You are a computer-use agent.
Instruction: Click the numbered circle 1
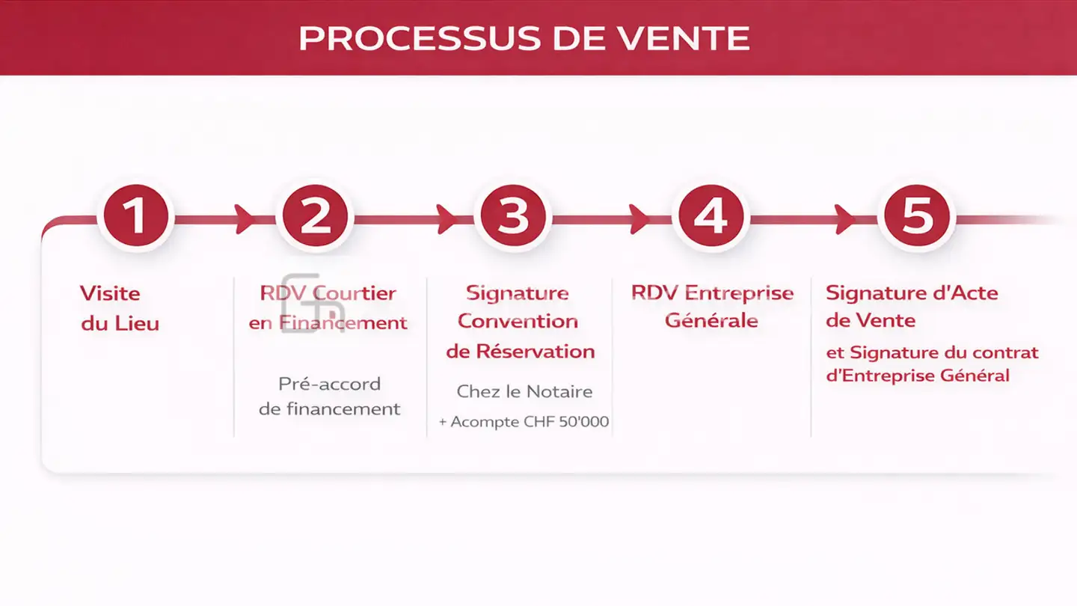[x=136, y=216]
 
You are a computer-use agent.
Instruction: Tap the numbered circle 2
[x=315, y=216]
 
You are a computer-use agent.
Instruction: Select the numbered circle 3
[x=513, y=216]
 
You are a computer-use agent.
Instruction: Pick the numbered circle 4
[x=711, y=216]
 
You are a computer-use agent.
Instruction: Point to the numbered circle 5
[x=917, y=216]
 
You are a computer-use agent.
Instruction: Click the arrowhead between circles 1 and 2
[x=245, y=219]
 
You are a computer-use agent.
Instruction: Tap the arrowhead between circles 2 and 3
[x=447, y=219]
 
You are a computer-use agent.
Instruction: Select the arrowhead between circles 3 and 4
[x=639, y=219]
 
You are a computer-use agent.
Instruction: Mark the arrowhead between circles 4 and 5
[x=845, y=219]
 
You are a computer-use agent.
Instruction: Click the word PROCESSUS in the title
[x=420, y=38]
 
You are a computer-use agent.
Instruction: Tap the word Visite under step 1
[x=110, y=293]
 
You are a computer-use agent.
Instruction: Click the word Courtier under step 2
[x=355, y=293]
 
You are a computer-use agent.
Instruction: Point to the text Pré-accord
[x=330, y=384]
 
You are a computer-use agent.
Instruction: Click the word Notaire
[x=559, y=391]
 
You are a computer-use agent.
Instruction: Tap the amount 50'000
[x=583, y=422]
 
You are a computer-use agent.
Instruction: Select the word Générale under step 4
[x=711, y=321]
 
